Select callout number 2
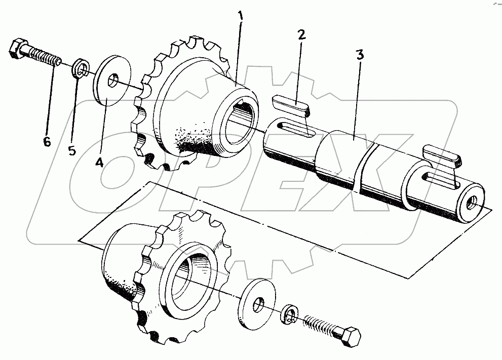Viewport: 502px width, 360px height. coord(301,34)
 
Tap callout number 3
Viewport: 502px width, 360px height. coord(360,55)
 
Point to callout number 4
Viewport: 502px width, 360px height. coord(100,162)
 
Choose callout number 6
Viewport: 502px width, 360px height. coord(47,142)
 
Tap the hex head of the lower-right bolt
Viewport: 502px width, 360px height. coord(350,338)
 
